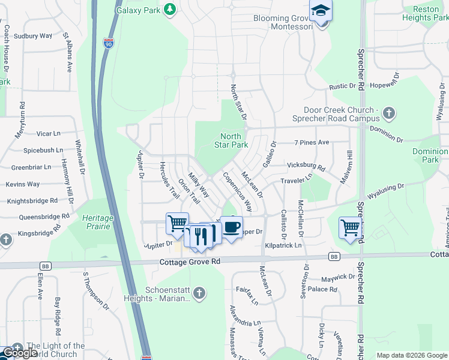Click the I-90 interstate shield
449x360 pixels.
click(x=107, y=44)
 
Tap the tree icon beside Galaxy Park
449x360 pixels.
click(x=170, y=9)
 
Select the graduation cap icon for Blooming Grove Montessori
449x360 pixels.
click(x=321, y=11)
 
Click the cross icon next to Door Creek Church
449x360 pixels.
click(x=389, y=112)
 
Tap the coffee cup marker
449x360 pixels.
click(x=232, y=227)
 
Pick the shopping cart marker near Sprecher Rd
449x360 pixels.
click(x=350, y=227)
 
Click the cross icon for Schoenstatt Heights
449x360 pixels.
click(x=200, y=293)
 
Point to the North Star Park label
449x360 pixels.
click(x=231, y=141)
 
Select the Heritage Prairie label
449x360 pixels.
click(x=97, y=222)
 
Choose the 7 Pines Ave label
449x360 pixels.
click(x=312, y=142)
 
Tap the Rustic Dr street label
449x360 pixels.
click(x=343, y=86)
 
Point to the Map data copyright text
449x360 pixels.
click(x=412, y=355)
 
